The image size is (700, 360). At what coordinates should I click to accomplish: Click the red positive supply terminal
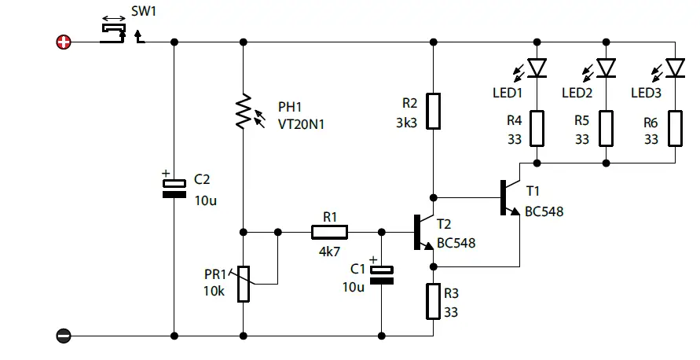64,42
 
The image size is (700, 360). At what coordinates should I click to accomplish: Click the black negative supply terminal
64,336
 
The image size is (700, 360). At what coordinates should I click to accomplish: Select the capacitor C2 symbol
174,187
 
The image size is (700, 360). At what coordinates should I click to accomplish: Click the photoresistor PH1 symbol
244,112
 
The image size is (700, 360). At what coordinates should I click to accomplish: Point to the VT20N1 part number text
301,123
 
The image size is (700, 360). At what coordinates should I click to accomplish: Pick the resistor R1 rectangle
329,232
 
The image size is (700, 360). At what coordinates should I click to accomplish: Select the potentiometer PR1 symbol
244,284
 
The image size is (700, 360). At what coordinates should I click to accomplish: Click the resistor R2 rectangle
433,112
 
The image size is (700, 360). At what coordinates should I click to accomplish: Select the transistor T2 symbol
423,233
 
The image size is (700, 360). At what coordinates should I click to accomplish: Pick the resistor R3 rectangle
433,302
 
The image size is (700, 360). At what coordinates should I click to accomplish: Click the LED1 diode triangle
537,68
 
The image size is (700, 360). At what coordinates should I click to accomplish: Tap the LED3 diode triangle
675,68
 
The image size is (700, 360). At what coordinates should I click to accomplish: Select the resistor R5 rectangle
606,128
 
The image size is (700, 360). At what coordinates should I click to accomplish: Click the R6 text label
651,123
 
